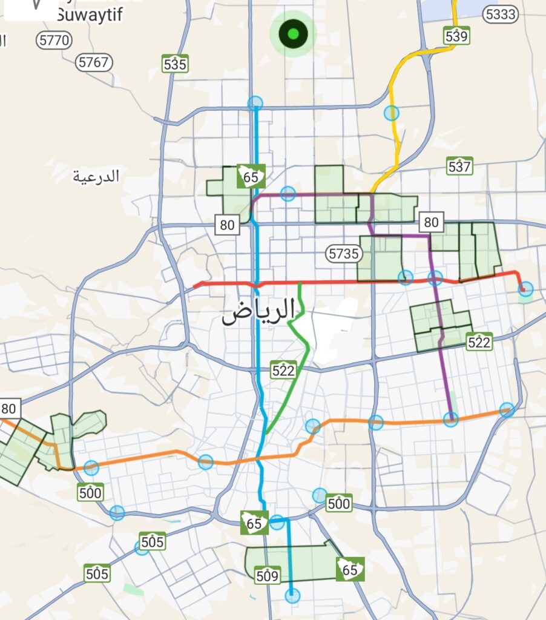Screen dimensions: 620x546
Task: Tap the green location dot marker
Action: (294, 35)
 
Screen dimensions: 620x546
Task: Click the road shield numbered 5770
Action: (54, 41)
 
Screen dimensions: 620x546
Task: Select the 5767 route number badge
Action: (94, 62)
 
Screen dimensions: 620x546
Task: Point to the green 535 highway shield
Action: (175, 63)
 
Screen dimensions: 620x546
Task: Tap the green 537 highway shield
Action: (459, 165)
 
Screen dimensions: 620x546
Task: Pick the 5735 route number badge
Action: (344, 254)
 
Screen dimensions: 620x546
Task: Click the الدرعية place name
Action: (96, 177)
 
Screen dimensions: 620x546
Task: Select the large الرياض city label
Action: (258, 312)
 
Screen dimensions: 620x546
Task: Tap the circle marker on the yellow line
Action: (392, 113)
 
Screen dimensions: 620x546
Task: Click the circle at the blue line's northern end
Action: (255, 103)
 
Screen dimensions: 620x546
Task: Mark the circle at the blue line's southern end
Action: (292, 596)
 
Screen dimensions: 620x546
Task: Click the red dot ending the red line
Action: (523, 289)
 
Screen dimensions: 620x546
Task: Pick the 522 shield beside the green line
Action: (283, 370)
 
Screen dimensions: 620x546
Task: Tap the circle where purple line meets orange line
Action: (450, 419)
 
